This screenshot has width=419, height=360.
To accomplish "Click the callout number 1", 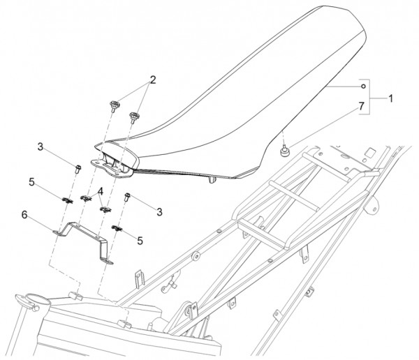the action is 390,98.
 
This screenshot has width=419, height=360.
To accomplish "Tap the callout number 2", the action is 153,80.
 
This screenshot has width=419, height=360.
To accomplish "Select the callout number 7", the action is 361,106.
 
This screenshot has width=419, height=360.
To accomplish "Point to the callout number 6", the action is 24,214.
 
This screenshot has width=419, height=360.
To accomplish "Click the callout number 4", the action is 101,191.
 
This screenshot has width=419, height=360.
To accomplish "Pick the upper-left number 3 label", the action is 40,147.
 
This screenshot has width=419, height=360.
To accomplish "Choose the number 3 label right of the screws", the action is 159,212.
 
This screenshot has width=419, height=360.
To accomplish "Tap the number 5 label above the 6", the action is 31,182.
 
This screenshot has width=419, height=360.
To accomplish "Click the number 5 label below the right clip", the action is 140,241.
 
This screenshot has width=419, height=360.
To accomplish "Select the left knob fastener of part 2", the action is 114,106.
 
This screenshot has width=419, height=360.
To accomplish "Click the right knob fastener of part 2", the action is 133,117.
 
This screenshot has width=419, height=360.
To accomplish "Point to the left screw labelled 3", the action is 78,170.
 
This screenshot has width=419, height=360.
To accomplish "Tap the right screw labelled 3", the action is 127,197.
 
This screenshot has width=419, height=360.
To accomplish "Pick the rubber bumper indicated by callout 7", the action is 284,151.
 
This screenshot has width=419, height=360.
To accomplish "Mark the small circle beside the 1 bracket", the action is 363,87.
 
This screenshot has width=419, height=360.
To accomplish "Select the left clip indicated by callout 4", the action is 85,198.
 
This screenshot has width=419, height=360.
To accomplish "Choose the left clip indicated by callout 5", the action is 67,200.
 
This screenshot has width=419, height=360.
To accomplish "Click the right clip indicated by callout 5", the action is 117,228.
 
